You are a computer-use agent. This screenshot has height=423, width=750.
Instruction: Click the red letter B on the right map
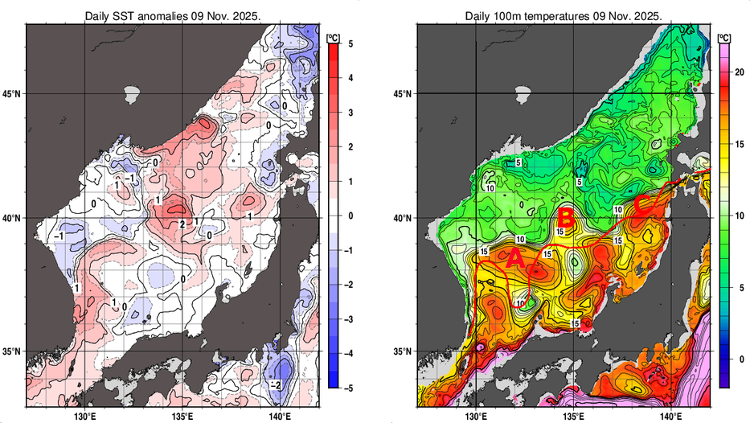coord(565,216)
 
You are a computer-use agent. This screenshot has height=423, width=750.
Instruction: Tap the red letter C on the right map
coord(643,205)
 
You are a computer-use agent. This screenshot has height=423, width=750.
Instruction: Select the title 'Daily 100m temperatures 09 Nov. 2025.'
coord(564,17)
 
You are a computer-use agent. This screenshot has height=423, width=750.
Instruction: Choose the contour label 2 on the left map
coord(182,224)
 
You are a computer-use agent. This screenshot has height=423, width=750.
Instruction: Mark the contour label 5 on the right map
coord(518,163)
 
